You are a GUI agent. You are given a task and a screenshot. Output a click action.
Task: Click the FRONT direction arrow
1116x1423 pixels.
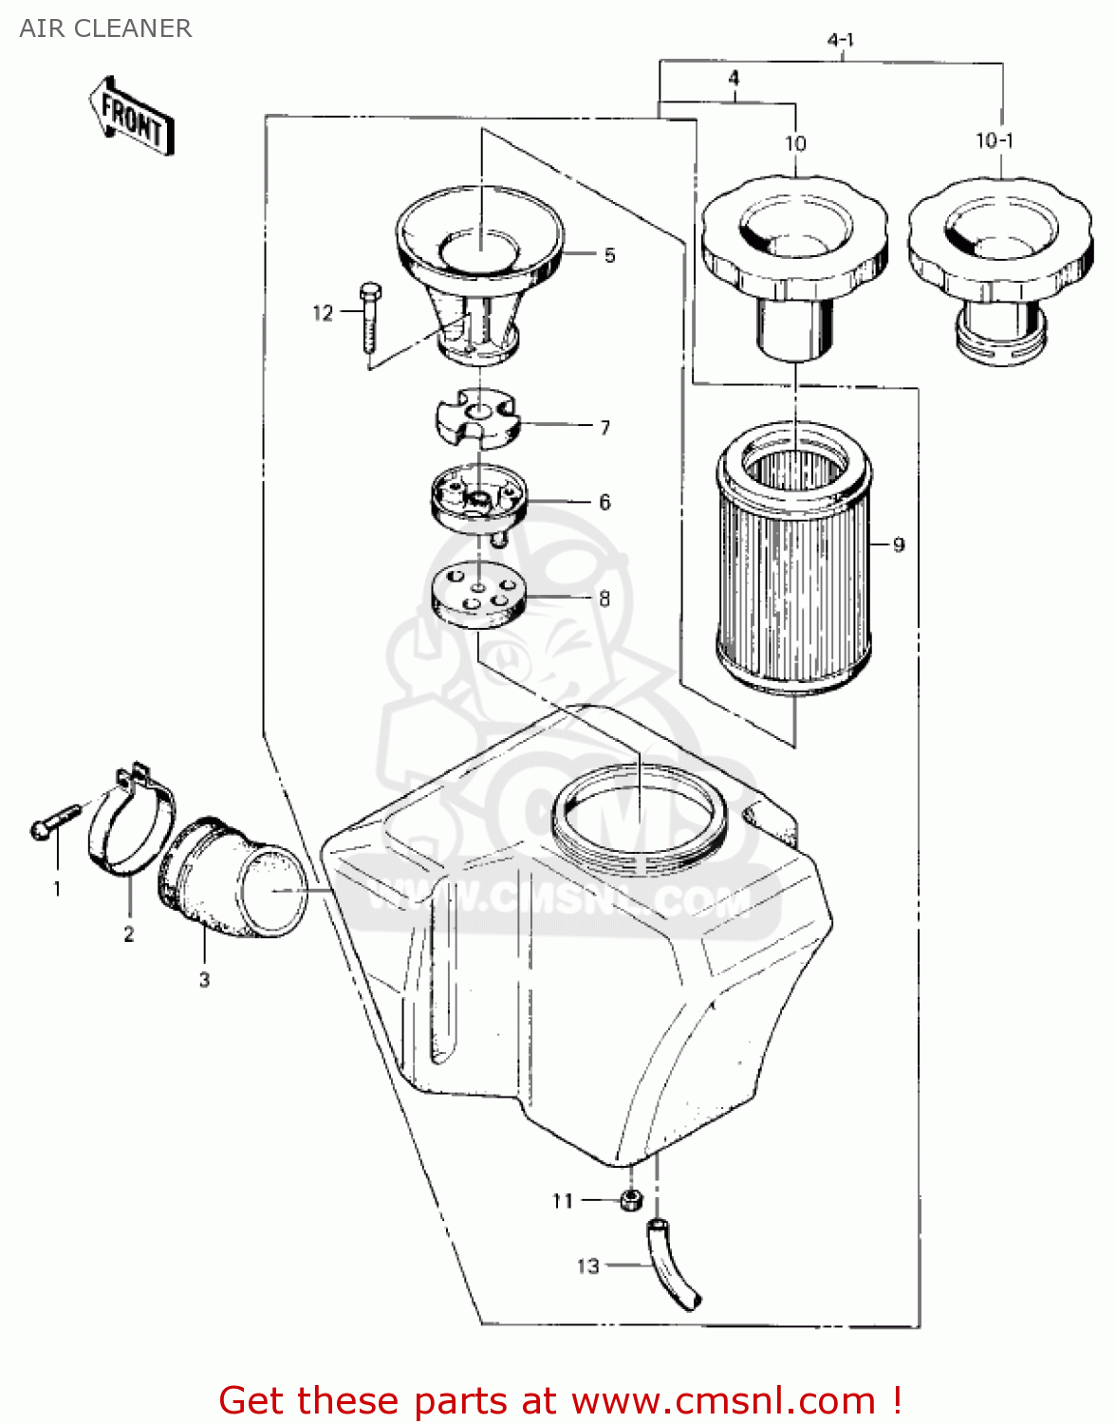pyautogui.click(x=131, y=119)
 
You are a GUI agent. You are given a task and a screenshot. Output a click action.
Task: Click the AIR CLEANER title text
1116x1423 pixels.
pyautogui.click(x=105, y=28)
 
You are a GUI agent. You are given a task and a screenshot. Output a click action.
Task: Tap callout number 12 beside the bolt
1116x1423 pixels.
pyautogui.click(x=323, y=313)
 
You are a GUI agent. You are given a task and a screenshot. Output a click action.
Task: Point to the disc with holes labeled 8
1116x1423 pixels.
pyautogui.click(x=477, y=595)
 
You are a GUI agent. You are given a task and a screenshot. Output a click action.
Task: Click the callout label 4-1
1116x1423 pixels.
pyautogui.click(x=841, y=40)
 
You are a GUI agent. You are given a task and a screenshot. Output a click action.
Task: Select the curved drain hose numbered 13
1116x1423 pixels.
pyautogui.click(x=673, y=1266)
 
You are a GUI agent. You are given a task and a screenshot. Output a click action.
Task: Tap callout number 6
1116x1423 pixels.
pyautogui.click(x=604, y=502)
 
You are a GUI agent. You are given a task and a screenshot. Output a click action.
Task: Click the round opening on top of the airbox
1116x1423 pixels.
pyautogui.click(x=642, y=811)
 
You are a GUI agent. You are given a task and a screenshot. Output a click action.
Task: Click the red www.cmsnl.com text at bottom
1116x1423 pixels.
pyautogui.click(x=560, y=1400)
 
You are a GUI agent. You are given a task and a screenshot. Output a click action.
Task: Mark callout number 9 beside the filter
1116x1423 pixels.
pyautogui.click(x=899, y=545)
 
